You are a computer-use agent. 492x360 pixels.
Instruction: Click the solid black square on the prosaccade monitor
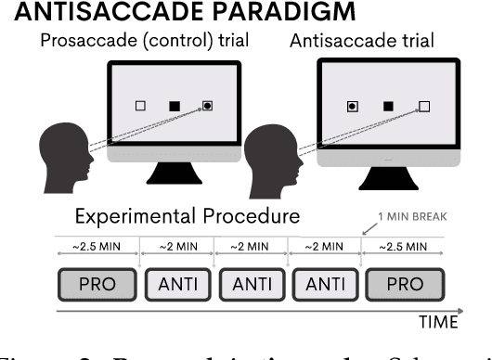pyautogui.click(x=174, y=107)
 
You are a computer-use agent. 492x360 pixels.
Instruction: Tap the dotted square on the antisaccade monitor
pyautogui.click(x=352, y=107)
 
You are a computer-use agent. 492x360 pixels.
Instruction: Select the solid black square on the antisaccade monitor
pyautogui.click(x=388, y=107)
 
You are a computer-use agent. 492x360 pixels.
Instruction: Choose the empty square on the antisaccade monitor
pyautogui.click(x=424, y=107)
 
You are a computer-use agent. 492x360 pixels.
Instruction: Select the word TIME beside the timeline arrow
pyautogui.click(x=435, y=323)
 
